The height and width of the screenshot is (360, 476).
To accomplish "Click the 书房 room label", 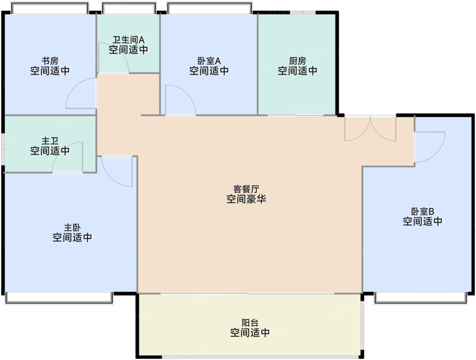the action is pos(50,61).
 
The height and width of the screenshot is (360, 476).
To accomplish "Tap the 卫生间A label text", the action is pos(129,40).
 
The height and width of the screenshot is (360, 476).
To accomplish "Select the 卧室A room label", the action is pos(209,61).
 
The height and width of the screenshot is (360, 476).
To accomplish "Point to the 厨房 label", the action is pos(297,61).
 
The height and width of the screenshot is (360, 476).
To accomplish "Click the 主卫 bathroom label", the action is pos(50,141).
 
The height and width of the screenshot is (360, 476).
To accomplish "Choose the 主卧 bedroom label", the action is pos(72,227).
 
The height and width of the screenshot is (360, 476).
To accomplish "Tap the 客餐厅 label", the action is pos(247,189).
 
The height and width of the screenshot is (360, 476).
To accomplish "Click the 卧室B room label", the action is pos(423,211).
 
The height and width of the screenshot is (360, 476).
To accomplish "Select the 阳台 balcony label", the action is pos(250,323).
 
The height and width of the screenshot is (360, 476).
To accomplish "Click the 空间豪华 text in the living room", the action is pos(247,199).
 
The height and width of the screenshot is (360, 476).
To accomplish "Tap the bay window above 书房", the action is pos(50,8).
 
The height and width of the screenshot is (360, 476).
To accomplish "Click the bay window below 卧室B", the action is pos(421,298).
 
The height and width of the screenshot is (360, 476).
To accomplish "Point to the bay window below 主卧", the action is pos(59,298).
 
